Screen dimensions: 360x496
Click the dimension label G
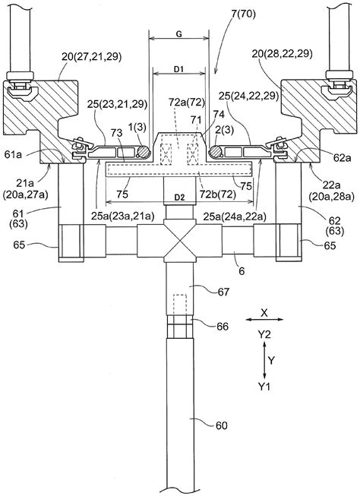pyautogui.click(x=178, y=34)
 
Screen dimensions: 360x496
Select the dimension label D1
pyautogui.click(x=179, y=69)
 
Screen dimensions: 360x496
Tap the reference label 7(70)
pyautogui.click(x=243, y=15)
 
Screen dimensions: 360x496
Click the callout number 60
pyautogui.click(x=222, y=425)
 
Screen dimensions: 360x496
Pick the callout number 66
pyautogui.click(x=222, y=326)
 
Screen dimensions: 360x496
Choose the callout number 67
pyautogui.click(x=223, y=292)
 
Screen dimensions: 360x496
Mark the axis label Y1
pyautogui.click(x=264, y=386)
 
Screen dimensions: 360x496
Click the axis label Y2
pyautogui.click(x=264, y=334)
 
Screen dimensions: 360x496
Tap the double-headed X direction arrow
pyautogui.click(x=264, y=320)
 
